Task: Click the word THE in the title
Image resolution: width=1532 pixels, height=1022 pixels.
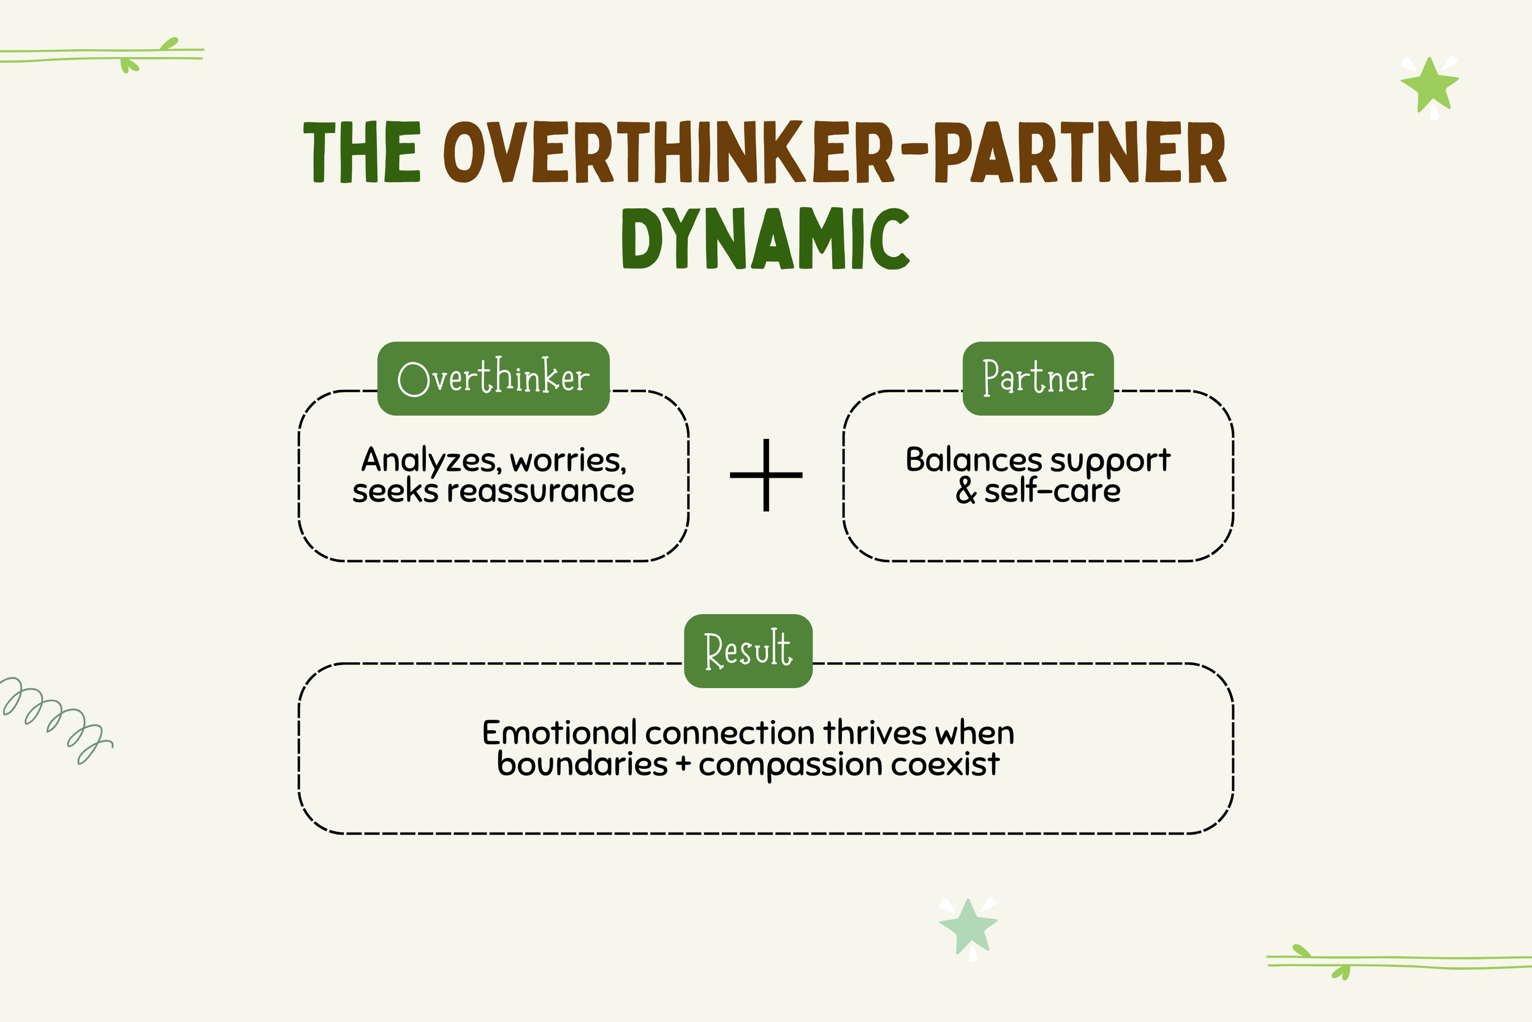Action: (362, 151)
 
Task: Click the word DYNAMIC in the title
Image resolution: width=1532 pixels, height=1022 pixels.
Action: (765, 238)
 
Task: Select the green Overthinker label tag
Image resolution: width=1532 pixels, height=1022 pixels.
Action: (493, 378)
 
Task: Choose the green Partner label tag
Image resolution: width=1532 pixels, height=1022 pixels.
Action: (1037, 378)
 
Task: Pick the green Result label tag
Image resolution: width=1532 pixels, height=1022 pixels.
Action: (748, 650)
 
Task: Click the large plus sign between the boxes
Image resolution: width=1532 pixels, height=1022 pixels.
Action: (766, 475)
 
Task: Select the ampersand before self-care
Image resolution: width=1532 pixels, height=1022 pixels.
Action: (966, 492)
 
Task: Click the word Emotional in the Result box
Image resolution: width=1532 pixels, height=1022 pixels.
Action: (559, 733)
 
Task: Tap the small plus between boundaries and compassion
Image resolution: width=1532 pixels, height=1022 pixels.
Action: (683, 764)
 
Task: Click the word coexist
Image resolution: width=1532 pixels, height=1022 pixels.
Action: (944, 764)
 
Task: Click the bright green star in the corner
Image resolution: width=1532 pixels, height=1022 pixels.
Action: (1430, 85)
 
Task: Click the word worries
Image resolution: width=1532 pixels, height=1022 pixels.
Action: (567, 461)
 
